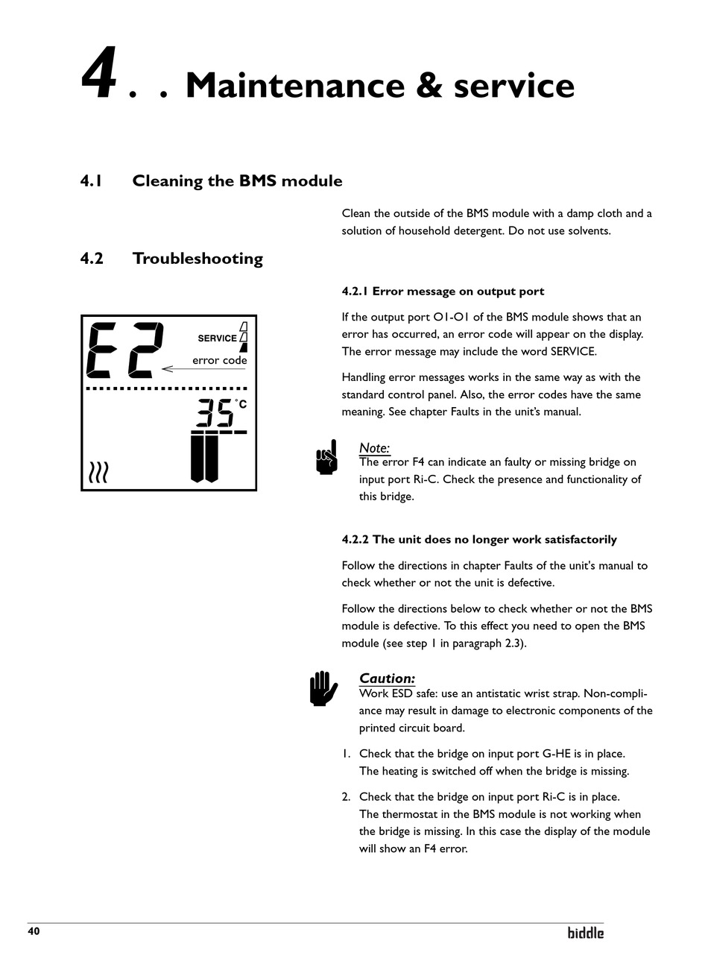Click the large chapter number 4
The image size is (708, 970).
pyautogui.click(x=98, y=74)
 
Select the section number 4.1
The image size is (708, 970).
pyautogui.click(x=91, y=181)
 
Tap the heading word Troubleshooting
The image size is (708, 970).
pyautogui.click(x=197, y=259)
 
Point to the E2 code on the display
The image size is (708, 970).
pyautogui.click(x=124, y=350)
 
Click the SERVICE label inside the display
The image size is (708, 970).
pyautogui.click(x=217, y=338)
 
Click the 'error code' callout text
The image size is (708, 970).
pyautogui.click(x=219, y=361)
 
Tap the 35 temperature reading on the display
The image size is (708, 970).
pyautogui.click(x=215, y=413)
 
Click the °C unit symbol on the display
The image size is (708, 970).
pyautogui.click(x=241, y=404)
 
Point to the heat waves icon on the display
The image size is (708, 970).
pyautogui.click(x=98, y=472)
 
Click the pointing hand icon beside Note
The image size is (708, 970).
pyautogui.click(x=327, y=456)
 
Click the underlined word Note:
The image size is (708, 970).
pyautogui.click(x=374, y=448)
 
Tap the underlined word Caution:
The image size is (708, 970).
pyautogui.click(x=387, y=678)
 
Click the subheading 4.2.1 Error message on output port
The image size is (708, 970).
pyautogui.click(x=443, y=292)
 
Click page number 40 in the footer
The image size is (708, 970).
pyautogui.click(x=34, y=931)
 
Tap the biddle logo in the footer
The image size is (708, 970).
pyautogui.click(x=586, y=933)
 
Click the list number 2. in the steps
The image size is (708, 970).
pyautogui.click(x=347, y=797)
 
